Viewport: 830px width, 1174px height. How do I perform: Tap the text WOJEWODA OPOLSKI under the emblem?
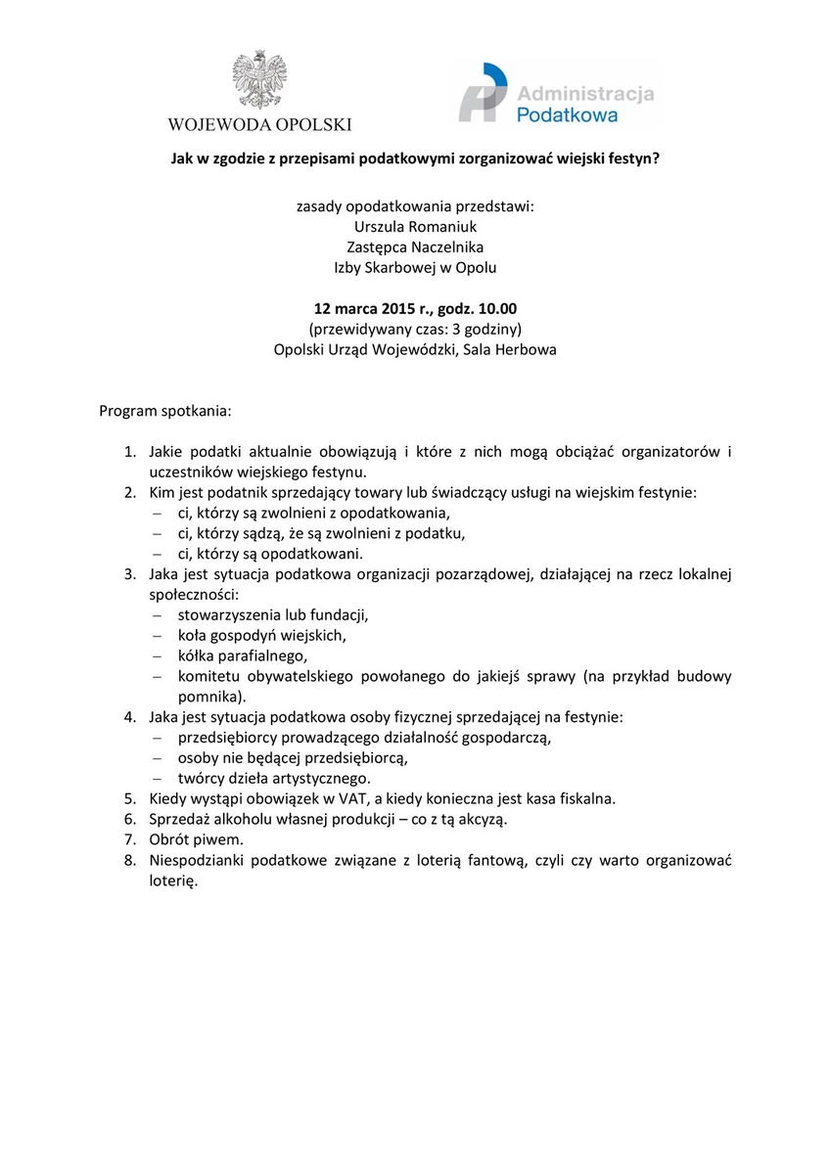point(259,124)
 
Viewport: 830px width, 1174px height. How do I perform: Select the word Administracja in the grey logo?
point(585,94)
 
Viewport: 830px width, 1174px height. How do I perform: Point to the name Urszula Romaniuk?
point(415,226)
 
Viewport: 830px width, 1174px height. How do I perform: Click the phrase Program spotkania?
point(165,410)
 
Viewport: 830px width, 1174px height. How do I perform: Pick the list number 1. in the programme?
point(129,452)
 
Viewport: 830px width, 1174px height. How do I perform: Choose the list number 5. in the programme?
point(129,798)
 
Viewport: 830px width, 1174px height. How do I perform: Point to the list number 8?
point(129,861)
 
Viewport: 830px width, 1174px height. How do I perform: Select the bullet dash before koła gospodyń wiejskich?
point(157,635)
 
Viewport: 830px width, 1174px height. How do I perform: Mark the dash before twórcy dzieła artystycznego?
point(157,779)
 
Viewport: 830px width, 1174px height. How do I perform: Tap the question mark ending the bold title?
point(656,157)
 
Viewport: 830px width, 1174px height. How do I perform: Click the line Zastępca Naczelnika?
point(415,247)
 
